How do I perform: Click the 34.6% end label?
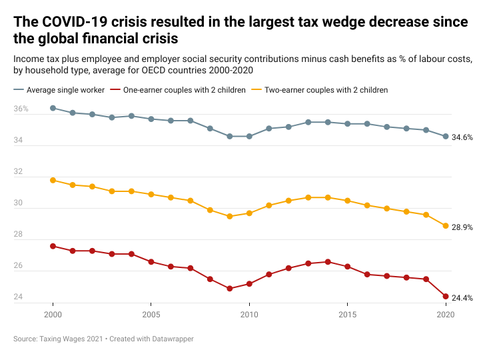[462, 137]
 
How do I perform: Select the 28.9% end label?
[462, 227]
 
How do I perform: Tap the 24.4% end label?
[462, 298]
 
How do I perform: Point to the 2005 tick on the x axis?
[151, 314]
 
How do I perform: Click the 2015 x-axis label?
[347, 314]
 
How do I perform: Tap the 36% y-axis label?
[21, 109]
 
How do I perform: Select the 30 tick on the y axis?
[19, 203]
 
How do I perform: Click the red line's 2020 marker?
[446, 297]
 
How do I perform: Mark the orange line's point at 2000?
[53, 180]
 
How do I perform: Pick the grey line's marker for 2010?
[249, 136]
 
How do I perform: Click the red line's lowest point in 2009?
[230, 289]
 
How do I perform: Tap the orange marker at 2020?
[446, 226]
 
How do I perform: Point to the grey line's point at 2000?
[53, 108]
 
